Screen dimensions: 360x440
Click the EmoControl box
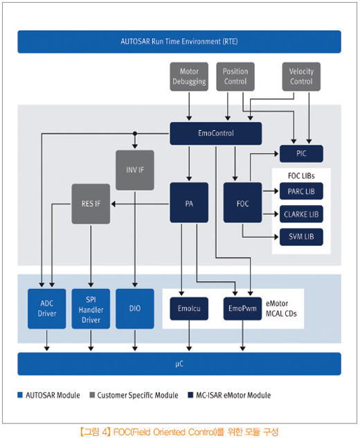tap(215, 133)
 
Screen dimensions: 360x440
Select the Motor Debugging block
tap(189, 77)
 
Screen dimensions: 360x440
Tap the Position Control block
tap(235, 77)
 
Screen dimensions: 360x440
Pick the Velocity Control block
tap(301, 77)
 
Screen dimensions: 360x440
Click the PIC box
tap(301, 154)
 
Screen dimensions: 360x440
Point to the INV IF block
tap(135, 170)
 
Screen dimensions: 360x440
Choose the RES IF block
tap(91, 204)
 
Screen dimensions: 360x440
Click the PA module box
tap(189, 202)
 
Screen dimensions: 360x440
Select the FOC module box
tap(242, 202)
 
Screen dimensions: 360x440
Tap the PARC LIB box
tap(301, 191)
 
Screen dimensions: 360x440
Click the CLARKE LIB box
tap(301, 214)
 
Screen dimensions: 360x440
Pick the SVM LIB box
tap(301, 237)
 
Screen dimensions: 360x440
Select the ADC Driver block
tap(47, 308)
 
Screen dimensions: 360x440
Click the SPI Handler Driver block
tap(91, 308)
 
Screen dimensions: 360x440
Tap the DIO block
tap(135, 308)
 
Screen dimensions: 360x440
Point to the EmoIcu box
tap(189, 308)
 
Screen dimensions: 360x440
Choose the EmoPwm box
tap(242, 308)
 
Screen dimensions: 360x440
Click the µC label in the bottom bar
tap(179, 364)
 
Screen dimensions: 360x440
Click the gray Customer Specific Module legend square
tap(92, 395)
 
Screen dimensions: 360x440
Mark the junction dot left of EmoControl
tap(135, 134)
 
